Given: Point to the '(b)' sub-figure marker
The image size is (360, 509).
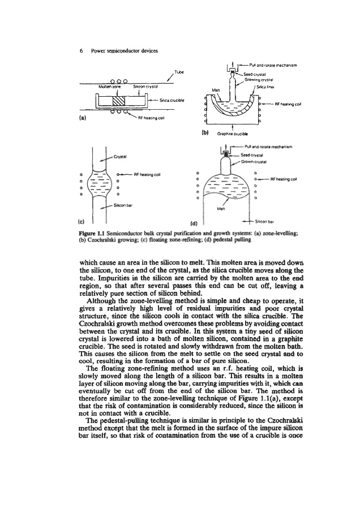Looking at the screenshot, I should (x=205, y=133).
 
